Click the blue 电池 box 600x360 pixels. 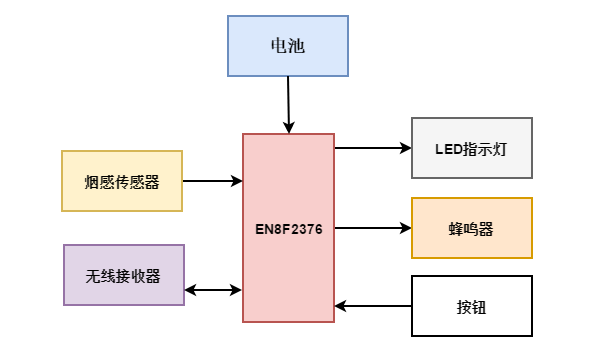[288, 46]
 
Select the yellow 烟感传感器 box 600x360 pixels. [122, 181]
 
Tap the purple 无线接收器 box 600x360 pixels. [124, 274]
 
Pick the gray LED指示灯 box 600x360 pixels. [472, 148]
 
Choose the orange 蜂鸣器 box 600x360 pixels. [472, 228]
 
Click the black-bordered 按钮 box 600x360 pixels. [472, 305]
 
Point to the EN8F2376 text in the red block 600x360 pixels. [288, 228]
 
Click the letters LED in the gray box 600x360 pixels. [446, 148]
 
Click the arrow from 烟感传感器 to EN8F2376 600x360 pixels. [212, 181]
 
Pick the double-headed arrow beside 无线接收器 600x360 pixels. [214, 291]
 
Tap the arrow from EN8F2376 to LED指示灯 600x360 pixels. [372, 148]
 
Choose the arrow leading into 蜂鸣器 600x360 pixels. [372, 228]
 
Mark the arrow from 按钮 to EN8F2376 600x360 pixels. [372, 305]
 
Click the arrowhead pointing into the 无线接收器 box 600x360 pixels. [191, 291]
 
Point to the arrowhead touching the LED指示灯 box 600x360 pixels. [405, 148]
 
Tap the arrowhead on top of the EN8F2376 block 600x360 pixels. [289, 127]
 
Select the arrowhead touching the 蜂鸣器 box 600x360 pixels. [405, 228]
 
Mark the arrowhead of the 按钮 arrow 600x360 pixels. [341, 305]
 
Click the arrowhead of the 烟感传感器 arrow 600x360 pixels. [237, 181]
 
